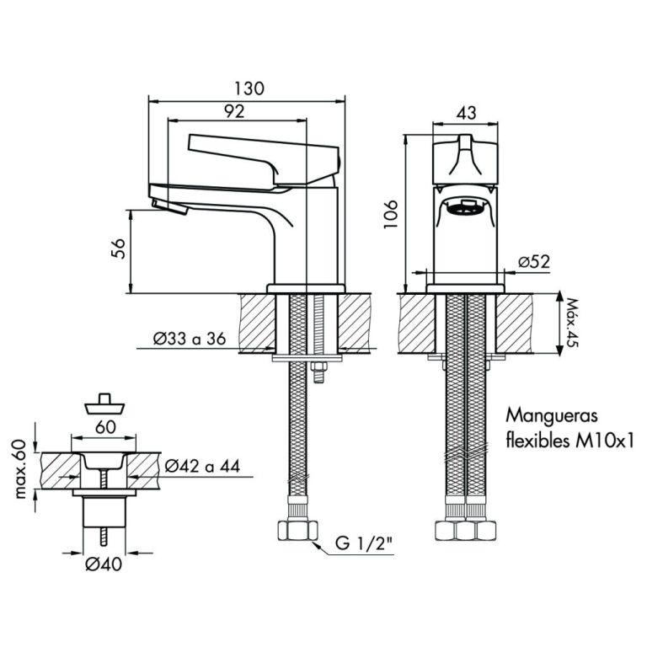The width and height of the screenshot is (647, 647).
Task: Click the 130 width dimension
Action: click(x=249, y=88)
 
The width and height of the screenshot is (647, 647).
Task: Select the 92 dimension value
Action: click(x=234, y=111)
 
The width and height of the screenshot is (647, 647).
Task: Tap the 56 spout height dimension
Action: click(x=119, y=249)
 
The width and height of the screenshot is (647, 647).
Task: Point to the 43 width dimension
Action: click(x=466, y=113)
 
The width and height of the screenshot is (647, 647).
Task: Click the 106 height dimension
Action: click(x=391, y=214)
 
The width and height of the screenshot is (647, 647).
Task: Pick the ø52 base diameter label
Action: click(x=534, y=262)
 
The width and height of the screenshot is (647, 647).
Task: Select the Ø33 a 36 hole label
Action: click(x=190, y=339)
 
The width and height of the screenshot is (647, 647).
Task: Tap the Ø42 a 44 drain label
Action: click(x=202, y=467)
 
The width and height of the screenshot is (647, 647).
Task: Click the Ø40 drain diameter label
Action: click(x=104, y=564)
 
